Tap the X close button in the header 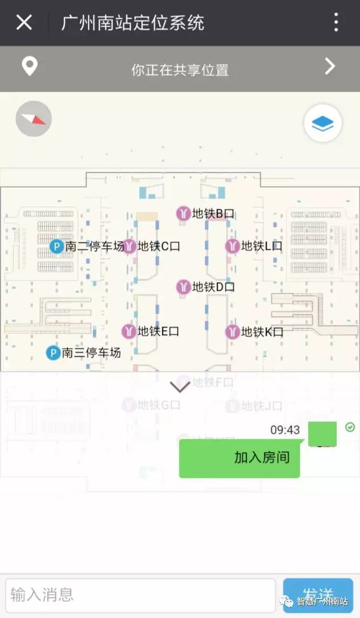point(24,23)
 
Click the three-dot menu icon point(336,23)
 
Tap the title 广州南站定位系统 point(133,23)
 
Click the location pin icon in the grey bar point(30,67)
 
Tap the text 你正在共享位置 point(180,70)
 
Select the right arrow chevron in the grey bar point(330,67)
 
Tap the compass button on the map point(34,118)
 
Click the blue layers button point(322,122)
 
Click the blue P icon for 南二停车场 point(56,246)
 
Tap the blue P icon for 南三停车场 point(53,353)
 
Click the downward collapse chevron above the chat point(180,387)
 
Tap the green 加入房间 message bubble point(239,458)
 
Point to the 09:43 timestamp point(285,430)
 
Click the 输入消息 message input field point(140,595)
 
